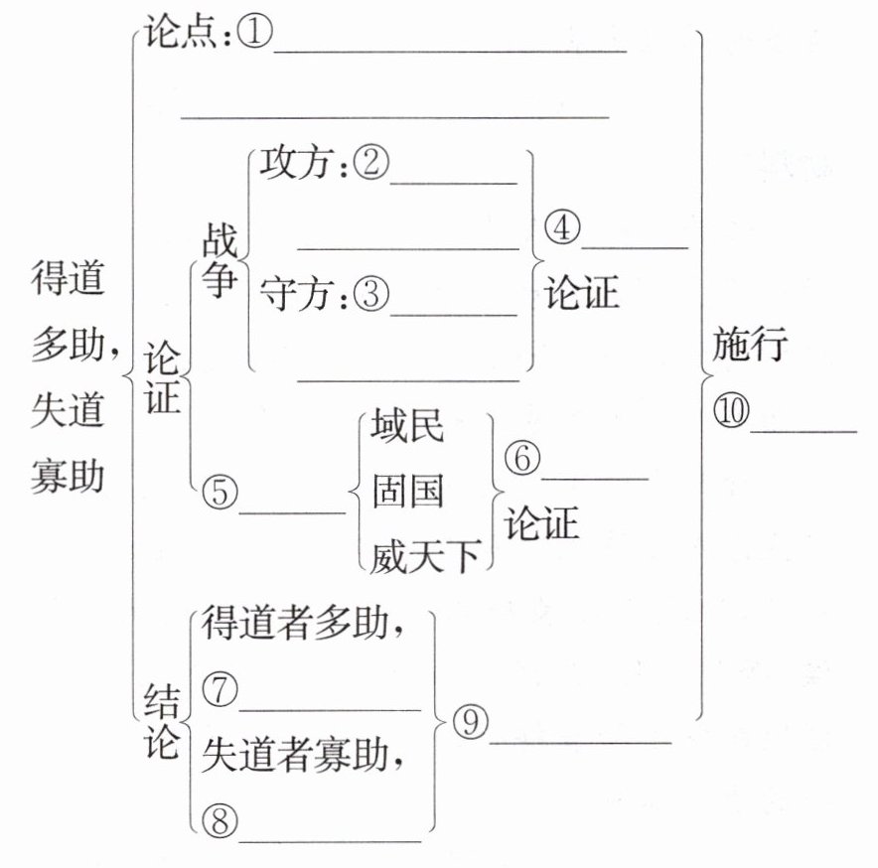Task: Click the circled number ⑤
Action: point(219,493)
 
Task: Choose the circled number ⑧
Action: point(219,820)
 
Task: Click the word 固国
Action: point(407,492)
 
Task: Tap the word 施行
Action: point(750,347)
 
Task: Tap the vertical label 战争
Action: point(219,261)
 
